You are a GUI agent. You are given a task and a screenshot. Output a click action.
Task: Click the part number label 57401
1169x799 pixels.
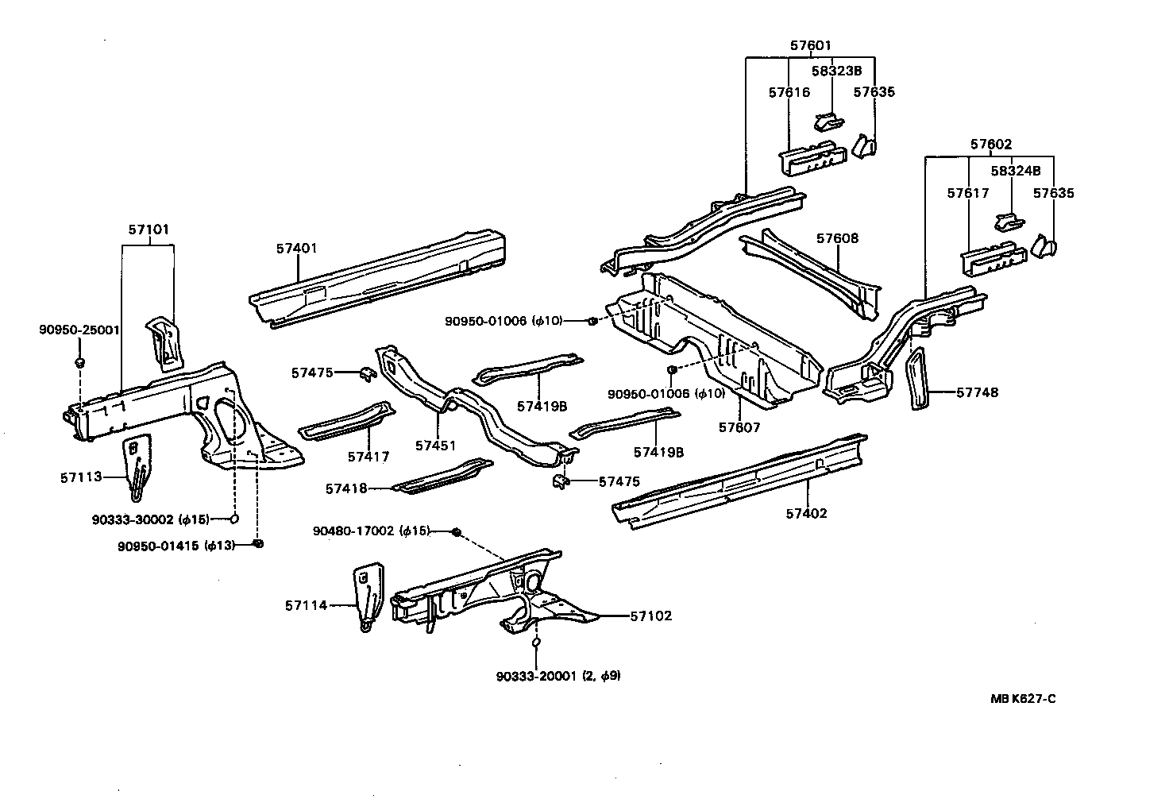click(x=297, y=248)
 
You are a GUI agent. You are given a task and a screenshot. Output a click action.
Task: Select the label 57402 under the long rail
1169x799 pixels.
click(x=807, y=513)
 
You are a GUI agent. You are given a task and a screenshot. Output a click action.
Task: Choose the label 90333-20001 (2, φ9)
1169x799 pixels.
click(x=557, y=676)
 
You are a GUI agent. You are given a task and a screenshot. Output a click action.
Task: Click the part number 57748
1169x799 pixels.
click(x=977, y=392)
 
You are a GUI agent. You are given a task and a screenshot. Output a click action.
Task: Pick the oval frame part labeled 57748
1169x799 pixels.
click(x=919, y=380)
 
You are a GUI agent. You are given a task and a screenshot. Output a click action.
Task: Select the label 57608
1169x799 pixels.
click(x=837, y=238)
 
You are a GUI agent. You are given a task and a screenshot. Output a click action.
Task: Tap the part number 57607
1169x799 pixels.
click(x=739, y=427)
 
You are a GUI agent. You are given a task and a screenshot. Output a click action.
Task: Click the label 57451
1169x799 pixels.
click(x=435, y=446)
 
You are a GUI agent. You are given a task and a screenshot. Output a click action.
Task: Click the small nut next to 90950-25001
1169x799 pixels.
click(x=79, y=362)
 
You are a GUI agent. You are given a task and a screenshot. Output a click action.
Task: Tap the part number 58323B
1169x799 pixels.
click(x=836, y=71)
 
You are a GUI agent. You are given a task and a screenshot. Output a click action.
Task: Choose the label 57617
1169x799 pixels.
click(x=967, y=193)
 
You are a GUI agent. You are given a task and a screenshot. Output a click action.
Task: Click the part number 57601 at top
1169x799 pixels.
click(x=810, y=45)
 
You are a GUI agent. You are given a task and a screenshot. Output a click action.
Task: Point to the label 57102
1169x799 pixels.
click(x=651, y=616)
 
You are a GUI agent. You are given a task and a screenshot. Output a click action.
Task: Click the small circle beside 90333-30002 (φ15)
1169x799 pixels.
click(x=235, y=519)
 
